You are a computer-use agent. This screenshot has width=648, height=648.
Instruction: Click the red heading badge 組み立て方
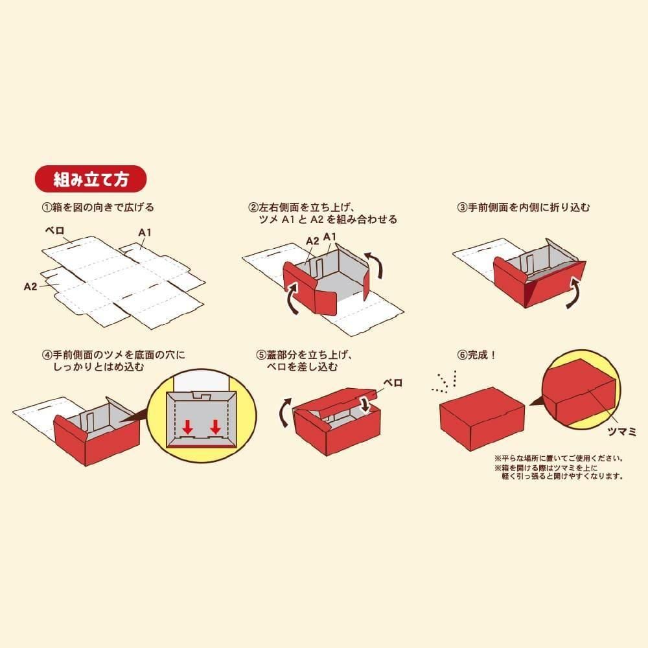(91, 179)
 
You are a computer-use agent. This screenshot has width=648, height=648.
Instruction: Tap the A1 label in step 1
(145, 233)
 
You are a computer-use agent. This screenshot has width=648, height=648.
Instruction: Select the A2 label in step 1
(30, 286)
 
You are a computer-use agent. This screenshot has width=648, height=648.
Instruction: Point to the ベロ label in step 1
(54, 231)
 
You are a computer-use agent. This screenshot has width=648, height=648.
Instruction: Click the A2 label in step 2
(312, 241)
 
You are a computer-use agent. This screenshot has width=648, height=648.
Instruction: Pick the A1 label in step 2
(330, 237)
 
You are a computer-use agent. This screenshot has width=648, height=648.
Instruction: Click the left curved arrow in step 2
(292, 297)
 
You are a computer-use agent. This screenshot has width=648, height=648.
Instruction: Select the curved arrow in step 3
(573, 293)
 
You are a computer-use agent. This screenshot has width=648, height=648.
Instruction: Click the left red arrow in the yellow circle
(188, 426)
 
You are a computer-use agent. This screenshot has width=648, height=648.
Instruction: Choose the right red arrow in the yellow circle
(215, 426)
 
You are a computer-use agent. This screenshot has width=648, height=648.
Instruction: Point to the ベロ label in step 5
(393, 383)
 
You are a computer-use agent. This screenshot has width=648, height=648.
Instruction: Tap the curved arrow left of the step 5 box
(284, 412)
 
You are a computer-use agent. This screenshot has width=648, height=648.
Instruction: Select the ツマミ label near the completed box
(621, 432)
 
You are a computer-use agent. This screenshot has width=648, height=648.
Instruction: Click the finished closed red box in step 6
(482, 418)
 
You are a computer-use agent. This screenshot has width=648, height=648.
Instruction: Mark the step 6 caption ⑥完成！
(476, 355)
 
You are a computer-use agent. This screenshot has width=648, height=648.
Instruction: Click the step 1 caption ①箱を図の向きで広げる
(98, 207)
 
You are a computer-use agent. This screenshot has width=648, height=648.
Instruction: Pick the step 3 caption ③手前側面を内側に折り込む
(524, 207)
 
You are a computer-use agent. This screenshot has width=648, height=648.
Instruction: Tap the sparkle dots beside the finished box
(445, 382)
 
